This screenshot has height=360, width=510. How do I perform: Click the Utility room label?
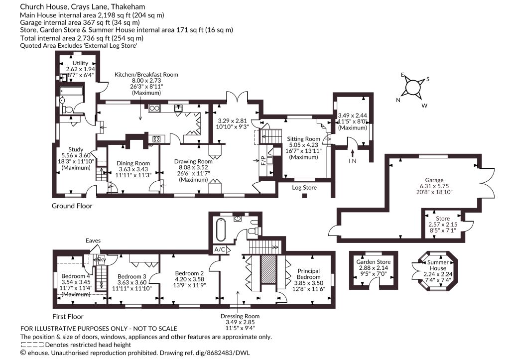80,63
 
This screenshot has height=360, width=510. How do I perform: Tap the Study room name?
76,149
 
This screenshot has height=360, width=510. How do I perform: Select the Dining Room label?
133,163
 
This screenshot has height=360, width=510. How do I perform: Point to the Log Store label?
304,188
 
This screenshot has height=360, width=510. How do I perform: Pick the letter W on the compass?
424,106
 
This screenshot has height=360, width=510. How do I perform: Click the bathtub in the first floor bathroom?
221,230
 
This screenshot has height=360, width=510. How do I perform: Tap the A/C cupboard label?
220,250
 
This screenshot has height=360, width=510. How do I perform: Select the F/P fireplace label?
263,160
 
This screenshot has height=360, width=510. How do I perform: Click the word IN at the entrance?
352,161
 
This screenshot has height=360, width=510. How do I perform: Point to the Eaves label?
93,240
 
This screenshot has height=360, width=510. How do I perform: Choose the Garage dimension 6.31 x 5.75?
434,186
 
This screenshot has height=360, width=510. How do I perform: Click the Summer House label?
438,265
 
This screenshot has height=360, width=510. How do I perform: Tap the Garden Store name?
374,262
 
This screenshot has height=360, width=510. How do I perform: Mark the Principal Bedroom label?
309,274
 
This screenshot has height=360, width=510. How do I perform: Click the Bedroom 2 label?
189,273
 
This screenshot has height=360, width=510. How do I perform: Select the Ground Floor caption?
72,206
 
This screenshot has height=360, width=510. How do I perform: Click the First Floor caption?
68,316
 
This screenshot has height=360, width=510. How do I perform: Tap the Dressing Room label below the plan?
240,316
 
